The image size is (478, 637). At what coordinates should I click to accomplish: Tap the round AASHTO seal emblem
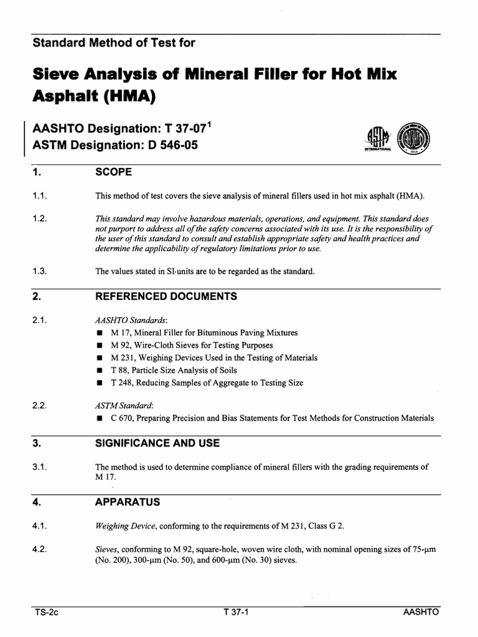(x=411, y=137)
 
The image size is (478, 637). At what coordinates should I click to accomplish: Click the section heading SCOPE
(x=113, y=171)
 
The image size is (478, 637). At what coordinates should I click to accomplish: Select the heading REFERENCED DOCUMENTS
(x=166, y=297)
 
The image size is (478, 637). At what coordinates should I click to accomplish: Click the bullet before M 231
(x=99, y=358)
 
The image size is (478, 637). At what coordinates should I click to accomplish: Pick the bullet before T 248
(x=99, y=383)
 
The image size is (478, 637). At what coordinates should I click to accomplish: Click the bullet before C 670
(x=99, y=419)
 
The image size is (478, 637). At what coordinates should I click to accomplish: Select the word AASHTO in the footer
(x=421, y=612)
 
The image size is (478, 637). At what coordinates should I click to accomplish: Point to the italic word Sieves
(x=107, y=549)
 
